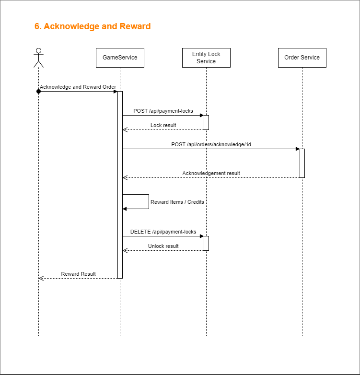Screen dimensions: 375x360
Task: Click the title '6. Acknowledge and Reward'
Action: (93, 26)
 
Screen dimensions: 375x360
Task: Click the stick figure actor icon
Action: (38, 58)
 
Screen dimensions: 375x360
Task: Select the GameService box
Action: (120, 58)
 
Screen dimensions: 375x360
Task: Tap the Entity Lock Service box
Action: (206, 58)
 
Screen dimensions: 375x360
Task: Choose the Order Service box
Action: (302, 58)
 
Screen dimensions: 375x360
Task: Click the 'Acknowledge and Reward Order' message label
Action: (78, 87)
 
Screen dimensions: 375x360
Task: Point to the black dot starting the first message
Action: (38, 91)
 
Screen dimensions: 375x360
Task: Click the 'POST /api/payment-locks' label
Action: (163, 111)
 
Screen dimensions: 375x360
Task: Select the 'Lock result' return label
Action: (163, 125)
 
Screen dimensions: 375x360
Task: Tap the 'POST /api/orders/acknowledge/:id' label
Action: (211, 144)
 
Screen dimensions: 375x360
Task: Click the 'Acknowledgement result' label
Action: (211, 173)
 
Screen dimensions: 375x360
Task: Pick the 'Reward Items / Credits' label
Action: (177, 202)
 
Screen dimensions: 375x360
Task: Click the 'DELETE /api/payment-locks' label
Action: (163, 232)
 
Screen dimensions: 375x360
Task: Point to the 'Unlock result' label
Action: (163, 246)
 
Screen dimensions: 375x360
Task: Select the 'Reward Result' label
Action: (78, 274)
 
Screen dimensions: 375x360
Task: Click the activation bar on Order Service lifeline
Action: (302, 163)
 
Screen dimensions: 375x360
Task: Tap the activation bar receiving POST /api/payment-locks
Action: (206, 122)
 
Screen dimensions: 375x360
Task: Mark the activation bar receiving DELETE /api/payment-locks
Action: (206, 243)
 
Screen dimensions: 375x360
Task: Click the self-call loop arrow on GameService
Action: (148, 201)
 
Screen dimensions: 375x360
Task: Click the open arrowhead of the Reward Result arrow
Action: (41, 278)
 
